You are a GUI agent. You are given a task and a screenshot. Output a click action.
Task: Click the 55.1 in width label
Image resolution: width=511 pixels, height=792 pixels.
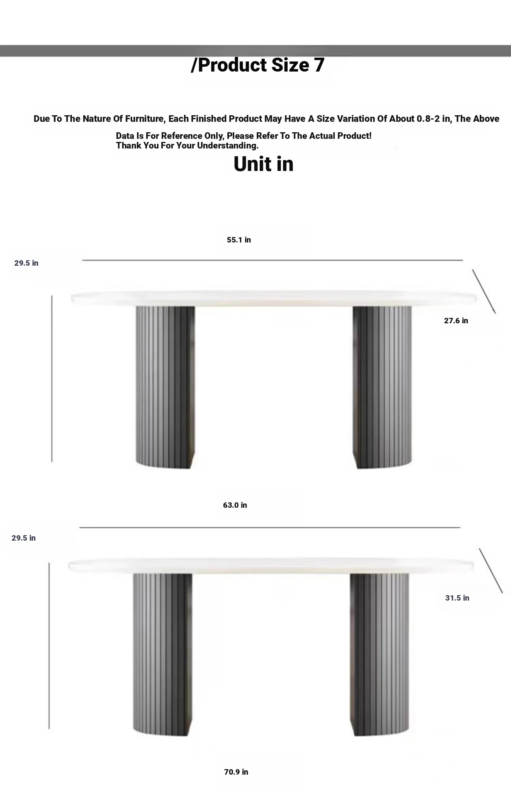[x=239, y=240]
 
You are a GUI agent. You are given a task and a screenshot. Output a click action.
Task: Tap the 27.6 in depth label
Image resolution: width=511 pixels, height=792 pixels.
[x=456, y=321]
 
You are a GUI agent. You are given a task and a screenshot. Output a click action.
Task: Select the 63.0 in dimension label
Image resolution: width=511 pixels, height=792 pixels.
[x=235, y=505]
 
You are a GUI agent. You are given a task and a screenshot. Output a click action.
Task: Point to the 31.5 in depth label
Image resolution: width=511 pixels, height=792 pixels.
[x=457, y=598]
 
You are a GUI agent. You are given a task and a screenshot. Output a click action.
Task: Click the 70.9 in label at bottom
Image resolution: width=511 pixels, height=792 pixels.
[x=236, y=772]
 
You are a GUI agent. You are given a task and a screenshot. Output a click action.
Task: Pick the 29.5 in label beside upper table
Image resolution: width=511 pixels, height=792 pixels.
[x=26, y=263]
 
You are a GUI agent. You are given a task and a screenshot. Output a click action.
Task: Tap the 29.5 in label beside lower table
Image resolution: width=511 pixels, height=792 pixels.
[x=24, y=538]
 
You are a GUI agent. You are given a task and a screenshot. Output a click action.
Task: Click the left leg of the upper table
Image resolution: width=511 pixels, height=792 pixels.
[x=165, y=387]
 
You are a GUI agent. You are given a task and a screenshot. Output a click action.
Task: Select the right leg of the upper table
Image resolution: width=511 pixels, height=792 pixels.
[x=382, y=387]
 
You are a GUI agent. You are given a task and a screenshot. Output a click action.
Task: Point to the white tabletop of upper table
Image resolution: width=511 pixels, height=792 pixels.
[x=274, y=298]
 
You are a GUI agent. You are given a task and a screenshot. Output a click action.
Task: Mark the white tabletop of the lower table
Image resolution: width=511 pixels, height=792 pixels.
[x=271, y=566]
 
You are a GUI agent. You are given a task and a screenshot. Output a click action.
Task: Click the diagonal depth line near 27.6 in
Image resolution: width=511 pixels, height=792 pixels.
[x=484, y=292]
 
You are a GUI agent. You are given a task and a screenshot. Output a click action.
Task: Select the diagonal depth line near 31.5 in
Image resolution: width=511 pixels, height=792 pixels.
[x=491, y=570]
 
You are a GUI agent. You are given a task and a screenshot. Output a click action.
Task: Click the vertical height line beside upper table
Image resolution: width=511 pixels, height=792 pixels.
[x=52, y=379]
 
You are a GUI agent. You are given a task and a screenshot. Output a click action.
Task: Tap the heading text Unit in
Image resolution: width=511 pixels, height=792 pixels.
[x=264, y=164]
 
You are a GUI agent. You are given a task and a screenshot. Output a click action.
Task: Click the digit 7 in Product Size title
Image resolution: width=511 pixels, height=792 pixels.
[x=319, y=65]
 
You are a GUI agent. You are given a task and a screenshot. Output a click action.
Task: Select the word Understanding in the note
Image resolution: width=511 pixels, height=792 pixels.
[x=228, y=146]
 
